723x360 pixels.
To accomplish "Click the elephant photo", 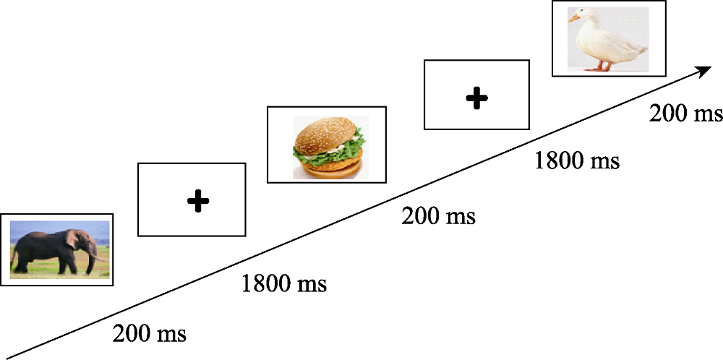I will [x=56, y=249].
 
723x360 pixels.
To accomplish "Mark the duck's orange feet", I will [x=600, y=68].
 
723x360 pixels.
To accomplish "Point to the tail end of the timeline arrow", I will [x=6, y=355].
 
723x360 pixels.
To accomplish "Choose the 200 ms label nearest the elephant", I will [x=150, y=334].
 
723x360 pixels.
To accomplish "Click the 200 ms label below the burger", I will [x=438, y=215].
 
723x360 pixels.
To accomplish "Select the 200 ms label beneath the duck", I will [x=685, y=114].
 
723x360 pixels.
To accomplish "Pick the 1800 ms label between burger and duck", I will [x=576, y=160].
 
